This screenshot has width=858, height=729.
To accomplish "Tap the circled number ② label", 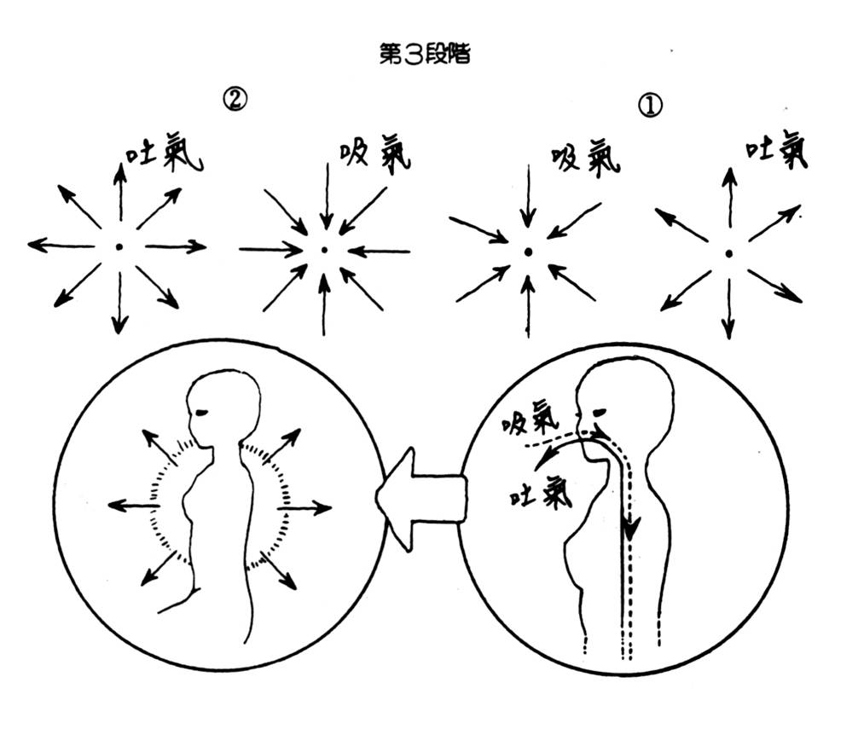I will click(x=235, y=101).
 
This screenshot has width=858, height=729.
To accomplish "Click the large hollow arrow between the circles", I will click(x=420, y=497).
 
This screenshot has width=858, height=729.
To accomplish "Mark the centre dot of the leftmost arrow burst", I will click(x=119, y=247).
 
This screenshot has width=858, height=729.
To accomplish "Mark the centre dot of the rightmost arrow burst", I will click(x=728, y=253).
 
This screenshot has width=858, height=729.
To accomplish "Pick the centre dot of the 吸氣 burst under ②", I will click(x=324, y=250).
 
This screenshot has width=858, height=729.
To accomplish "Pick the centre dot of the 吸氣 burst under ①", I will click(x=528, y=252).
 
